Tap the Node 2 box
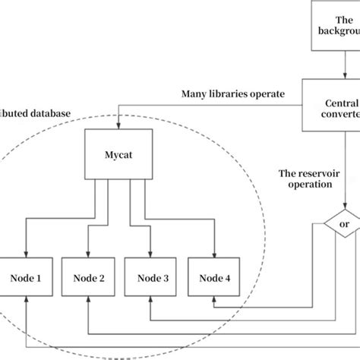90,278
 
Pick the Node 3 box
153,278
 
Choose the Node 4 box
215,278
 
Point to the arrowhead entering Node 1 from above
26,254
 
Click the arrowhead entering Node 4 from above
215,254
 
